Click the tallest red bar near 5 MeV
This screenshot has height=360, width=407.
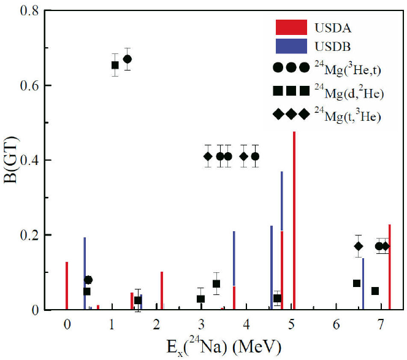(294, 221)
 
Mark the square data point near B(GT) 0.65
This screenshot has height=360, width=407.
(115, 65)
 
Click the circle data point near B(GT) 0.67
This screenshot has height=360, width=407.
(127, 59)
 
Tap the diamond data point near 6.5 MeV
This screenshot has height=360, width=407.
(359, 247)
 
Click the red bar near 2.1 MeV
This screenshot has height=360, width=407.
(161, 291)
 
